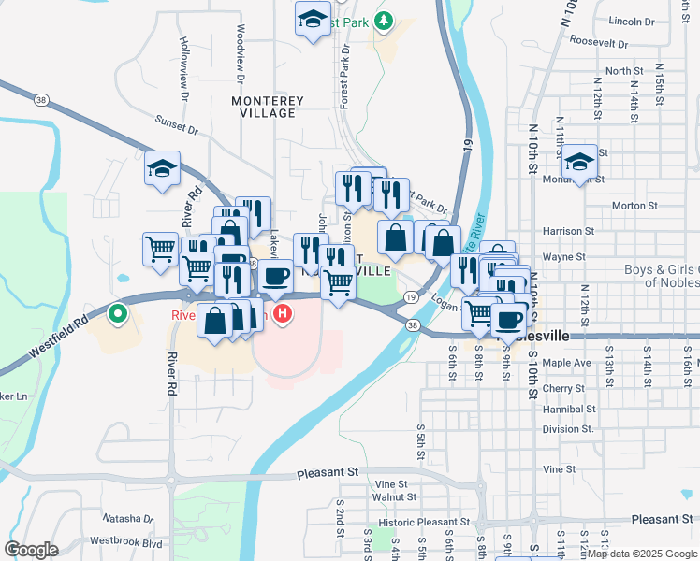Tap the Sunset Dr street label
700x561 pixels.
[177, 125]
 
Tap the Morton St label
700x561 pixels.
[630, 206]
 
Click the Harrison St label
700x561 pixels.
[568, 231]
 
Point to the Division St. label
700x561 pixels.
[568, 429]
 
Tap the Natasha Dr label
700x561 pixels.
[127, 518]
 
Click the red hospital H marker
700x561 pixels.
[282, 315]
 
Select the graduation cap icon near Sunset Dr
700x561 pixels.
[162, 169]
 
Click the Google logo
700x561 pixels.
[31, 550]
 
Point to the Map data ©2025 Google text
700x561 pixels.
[642, 554]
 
